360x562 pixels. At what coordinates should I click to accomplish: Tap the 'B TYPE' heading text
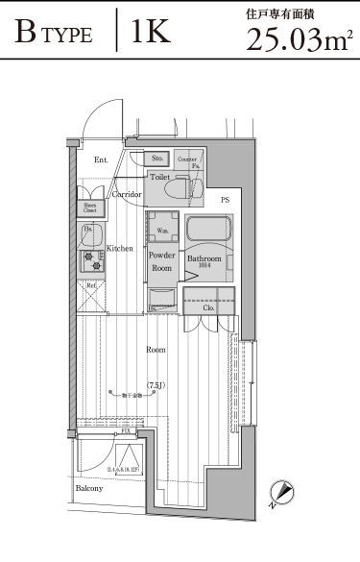(54, 36)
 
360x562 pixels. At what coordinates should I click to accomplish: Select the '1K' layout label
(151, 34)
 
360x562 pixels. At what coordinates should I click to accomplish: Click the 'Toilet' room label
(160, 177)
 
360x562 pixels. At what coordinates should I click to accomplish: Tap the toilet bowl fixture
(174, 192)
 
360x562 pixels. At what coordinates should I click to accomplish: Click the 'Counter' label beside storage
(188, 158)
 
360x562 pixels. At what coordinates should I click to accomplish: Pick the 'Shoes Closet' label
(90, 207)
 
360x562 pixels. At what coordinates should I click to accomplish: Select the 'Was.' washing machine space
(159, 232)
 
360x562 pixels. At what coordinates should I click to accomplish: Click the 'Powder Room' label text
(161, 261)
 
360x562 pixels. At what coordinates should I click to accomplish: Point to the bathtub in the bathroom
(206, 232)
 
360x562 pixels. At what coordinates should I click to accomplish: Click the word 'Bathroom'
(204, 259)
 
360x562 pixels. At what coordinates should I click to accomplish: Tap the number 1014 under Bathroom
(204, 267)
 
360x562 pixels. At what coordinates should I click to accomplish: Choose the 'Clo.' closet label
(207, 307)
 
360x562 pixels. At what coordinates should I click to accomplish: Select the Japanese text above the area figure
(288, 15)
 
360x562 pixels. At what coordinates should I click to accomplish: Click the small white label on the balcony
(124, 470)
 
